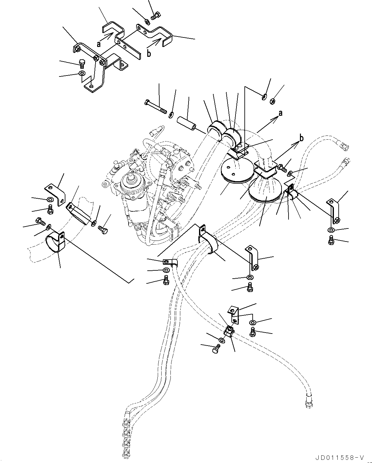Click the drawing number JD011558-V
point(340,456)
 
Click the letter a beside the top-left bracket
point(99,44)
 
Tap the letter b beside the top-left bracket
point(149,54)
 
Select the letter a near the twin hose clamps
point(280,113)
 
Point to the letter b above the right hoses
point(302,138)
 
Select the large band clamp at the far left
point(55,243)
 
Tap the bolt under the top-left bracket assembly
point(82,63)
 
